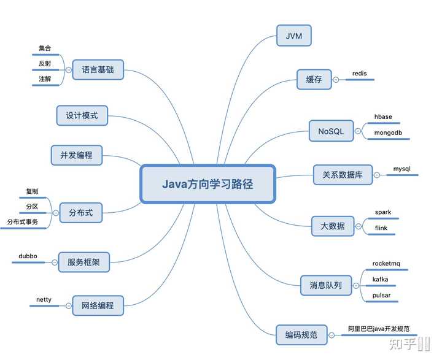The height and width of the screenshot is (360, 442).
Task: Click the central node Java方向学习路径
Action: [207, 184]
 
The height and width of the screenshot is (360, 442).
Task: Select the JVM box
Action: [293, 36]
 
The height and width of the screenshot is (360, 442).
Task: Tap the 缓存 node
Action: [314, 80]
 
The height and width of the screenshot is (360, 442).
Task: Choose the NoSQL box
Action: [331, 131]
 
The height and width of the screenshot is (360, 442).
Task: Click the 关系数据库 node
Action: [343, 175]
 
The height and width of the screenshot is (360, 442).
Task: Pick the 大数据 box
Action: [333, 226]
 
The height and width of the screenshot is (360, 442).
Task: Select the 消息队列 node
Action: [326, 285]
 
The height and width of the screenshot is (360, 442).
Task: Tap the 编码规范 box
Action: [301, 335]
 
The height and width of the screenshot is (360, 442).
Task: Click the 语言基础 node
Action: [98, 69]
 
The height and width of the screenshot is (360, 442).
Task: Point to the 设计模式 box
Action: [82, 115]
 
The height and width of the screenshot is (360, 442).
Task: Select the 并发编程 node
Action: [76, 155]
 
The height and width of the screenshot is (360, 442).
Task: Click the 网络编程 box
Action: [98, 305]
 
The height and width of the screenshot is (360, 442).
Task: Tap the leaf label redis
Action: [359, 74]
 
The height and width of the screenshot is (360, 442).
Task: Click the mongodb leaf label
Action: [388, 132]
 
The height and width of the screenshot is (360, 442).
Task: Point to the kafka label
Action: [380, 279]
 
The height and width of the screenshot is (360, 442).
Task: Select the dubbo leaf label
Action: [28, 256]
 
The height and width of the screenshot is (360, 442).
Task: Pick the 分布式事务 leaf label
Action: [23, 222]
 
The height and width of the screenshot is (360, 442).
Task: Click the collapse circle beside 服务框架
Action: [55, 262]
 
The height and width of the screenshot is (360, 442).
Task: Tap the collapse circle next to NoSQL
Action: [358, 131]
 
